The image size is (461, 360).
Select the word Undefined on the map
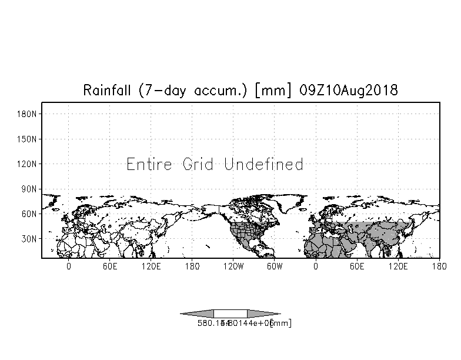(264, 164)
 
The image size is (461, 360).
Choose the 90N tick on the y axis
(29, 189)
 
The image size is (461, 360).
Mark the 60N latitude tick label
(29, 214)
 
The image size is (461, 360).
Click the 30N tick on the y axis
(29, 239)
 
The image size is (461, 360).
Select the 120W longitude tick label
(233, 266)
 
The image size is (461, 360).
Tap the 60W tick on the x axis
(275, 266)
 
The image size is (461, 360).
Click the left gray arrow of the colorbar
(197, 314)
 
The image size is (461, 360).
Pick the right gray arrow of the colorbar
(263, 314)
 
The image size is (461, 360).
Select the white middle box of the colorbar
(230, 314)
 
